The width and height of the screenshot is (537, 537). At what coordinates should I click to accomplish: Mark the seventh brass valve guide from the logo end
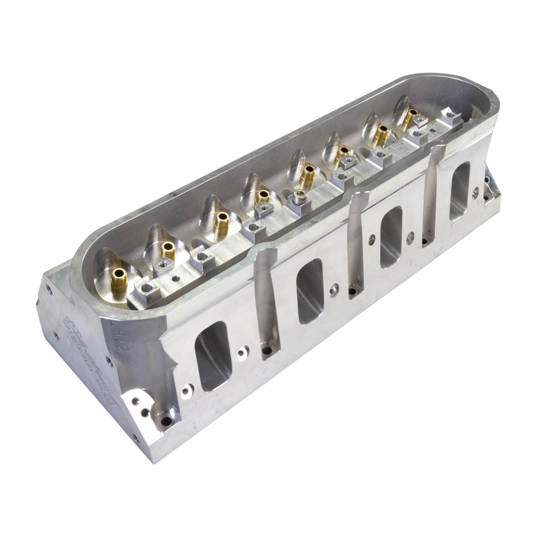click(x=382, y=133)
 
